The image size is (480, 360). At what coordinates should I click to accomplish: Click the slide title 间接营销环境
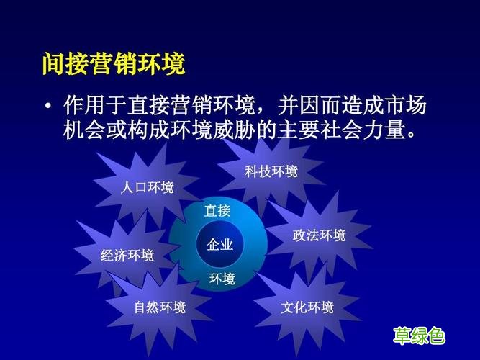tap(113, 64)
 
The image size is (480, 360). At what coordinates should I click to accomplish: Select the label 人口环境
tap(148, 188)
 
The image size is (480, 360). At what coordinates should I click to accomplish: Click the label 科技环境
tap(271, 171)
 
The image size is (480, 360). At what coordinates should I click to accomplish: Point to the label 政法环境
tap(319, 235)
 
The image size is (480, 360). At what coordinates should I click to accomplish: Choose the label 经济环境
tap(127, 256)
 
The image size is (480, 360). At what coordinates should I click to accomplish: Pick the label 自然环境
tap(159, 308)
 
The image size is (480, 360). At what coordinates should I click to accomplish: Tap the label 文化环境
tap(307, 308)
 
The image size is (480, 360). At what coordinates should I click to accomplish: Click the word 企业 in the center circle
tap(219, 245)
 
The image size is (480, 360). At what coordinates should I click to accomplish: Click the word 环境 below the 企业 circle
tap(222, 279)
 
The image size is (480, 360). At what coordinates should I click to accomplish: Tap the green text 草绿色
tap(418, 336)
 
